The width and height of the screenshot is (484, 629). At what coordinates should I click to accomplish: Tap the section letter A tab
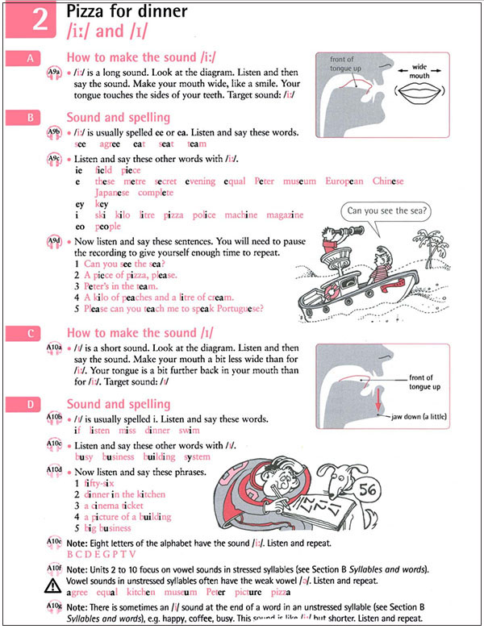(x=31, y=58)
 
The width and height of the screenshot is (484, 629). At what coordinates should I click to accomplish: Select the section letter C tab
(x=31, y=332)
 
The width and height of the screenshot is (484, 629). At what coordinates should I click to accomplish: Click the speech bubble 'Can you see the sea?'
(x=386, y=213)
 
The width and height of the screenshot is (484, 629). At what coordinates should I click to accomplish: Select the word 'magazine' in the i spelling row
(x=286, y=215)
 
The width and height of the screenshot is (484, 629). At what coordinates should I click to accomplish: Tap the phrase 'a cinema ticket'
(x=120, y=505)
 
